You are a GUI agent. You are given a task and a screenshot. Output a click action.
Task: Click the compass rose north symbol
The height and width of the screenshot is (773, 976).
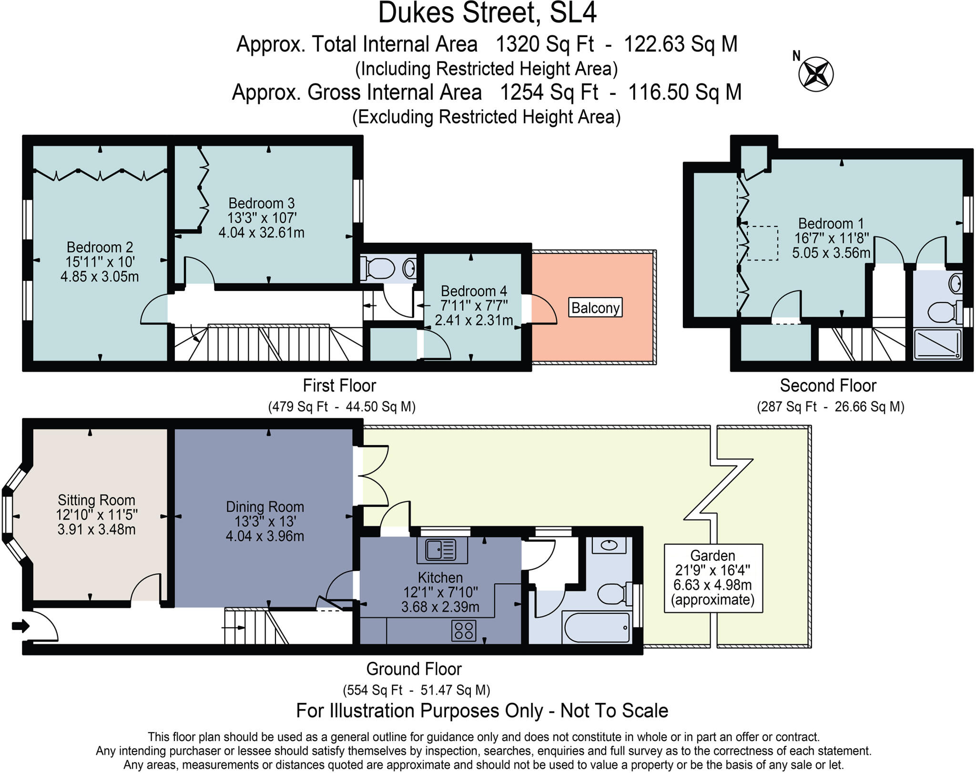coord(816,73)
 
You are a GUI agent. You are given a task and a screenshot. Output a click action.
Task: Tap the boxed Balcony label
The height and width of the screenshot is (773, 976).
coord(595,308)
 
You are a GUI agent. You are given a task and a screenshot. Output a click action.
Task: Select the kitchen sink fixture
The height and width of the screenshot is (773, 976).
coord(442,550)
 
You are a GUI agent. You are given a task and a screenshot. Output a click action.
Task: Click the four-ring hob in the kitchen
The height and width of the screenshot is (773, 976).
coord(464,629)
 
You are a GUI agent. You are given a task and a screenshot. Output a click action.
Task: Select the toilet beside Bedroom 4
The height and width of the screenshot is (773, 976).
coord(377,268)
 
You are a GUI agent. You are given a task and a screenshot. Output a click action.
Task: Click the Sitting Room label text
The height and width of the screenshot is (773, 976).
coord(96,500)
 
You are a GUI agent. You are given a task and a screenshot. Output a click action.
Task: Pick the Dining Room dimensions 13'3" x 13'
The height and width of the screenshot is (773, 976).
coord(265,521)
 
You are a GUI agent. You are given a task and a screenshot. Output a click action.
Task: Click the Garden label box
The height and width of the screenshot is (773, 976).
coord(713,578)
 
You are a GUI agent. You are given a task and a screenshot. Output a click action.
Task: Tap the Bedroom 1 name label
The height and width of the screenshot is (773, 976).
coord(831,223)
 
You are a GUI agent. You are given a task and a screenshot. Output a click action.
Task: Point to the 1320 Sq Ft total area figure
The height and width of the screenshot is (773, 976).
coord(545,44)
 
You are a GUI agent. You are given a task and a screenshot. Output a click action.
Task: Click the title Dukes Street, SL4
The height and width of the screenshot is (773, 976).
coord(487,13)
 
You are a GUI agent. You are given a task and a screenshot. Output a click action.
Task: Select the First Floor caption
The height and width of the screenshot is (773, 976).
coord(339,385)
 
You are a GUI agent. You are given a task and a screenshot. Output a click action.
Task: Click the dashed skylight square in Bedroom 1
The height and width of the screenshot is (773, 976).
coord(762,243)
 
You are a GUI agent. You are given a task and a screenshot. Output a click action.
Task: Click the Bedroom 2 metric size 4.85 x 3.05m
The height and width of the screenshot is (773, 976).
coord(100,277)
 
